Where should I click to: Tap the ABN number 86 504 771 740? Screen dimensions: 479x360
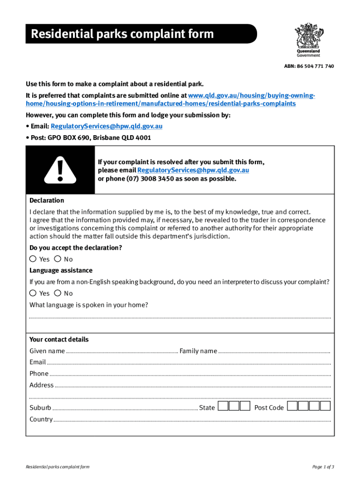pos(309,66)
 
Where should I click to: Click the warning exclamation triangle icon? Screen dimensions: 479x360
pos(60,170)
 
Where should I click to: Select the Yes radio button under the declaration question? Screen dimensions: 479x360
pos(33,259)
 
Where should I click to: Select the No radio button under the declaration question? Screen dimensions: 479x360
pos(58,259)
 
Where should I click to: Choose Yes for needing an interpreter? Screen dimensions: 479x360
pos(33,293)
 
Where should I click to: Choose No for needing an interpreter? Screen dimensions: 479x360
pos(58,293)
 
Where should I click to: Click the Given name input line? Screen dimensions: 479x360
pos(122,351)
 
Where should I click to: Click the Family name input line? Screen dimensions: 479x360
pos(274,351)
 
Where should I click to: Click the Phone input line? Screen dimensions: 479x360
pos(190,374)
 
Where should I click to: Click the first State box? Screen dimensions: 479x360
pos(223,406)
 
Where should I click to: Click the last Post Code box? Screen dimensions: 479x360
pos(326,406)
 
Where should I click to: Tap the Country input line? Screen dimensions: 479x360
pos(192,420)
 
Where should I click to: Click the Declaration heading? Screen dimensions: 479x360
pos(47,200)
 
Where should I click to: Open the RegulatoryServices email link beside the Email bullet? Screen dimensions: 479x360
pos(107,126)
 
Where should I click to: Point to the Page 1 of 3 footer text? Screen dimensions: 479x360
pos(323,467)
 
